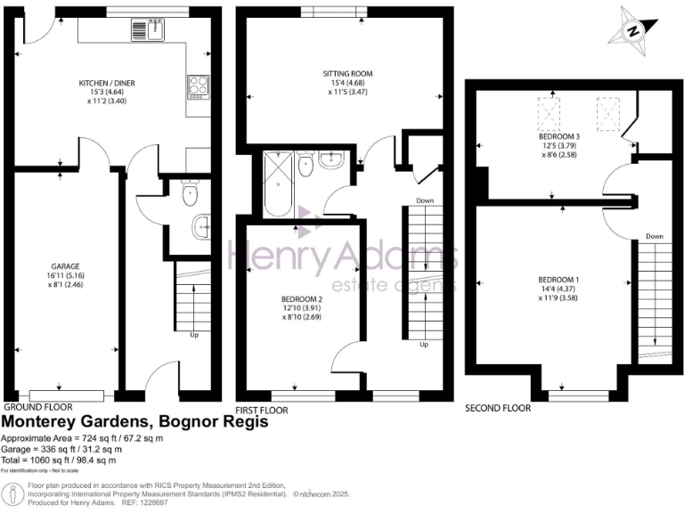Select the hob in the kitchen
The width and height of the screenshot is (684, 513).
[198, 87]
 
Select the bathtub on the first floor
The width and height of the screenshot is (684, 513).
[276, 183]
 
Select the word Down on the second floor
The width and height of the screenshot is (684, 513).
[655, 236]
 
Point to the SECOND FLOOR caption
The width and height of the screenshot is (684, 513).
[498, 408]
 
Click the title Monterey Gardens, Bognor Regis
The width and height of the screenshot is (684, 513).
[135, 422]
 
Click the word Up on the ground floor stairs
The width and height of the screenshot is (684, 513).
[194, 337]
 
